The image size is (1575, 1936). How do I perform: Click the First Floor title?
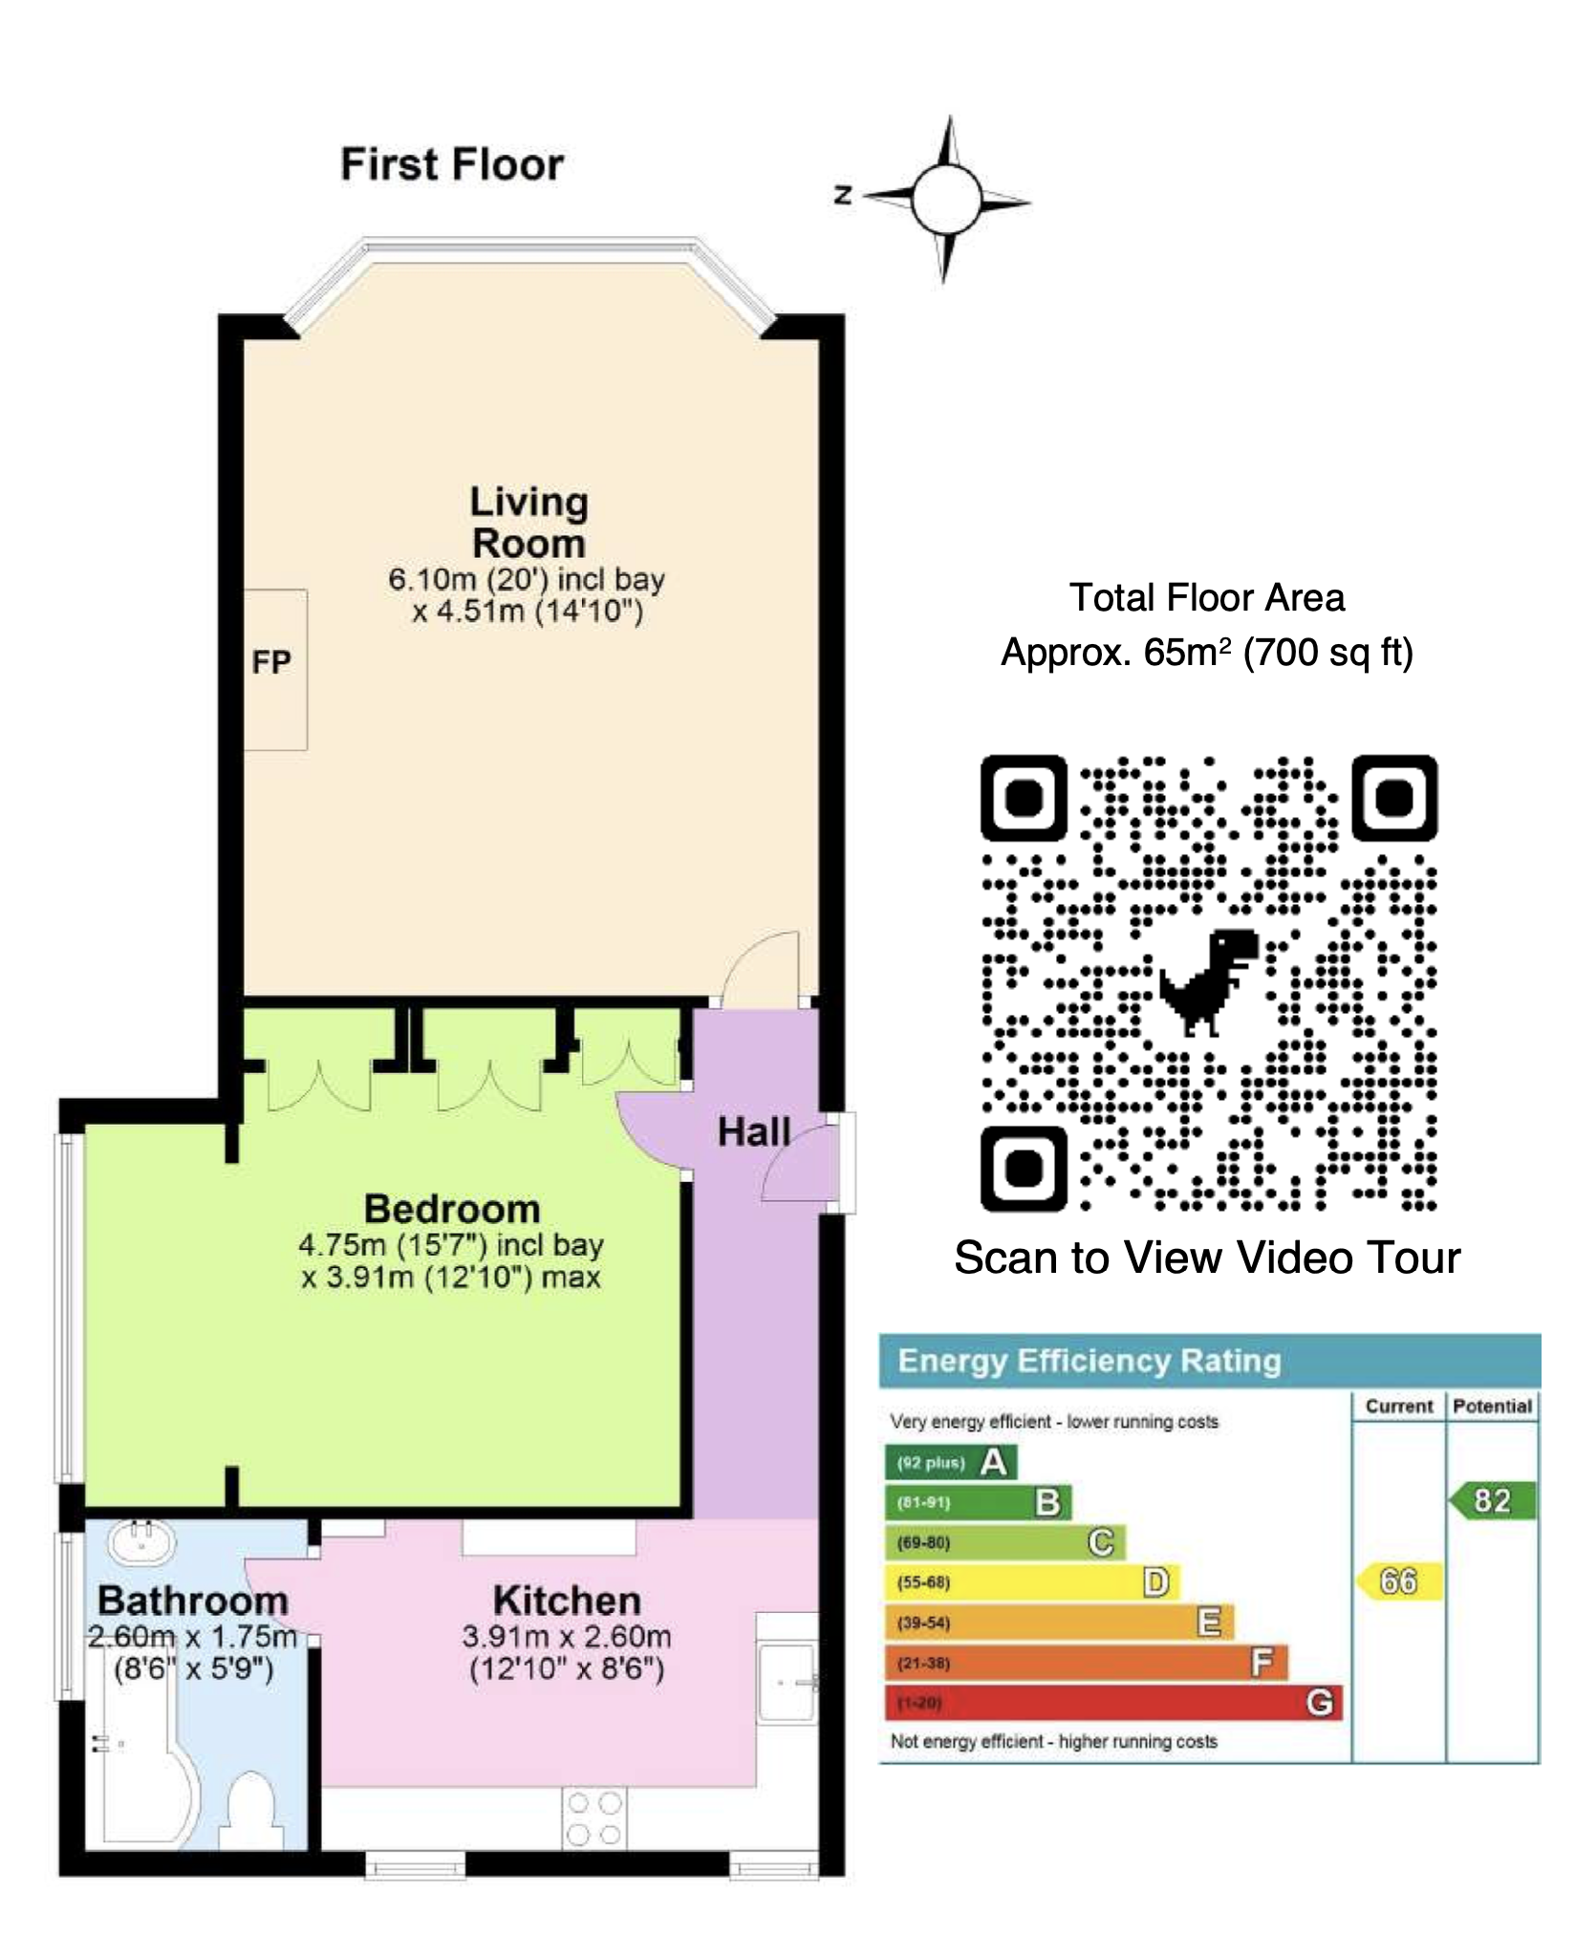452,165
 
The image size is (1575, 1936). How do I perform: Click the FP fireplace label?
271,662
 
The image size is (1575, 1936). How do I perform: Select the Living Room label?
529,523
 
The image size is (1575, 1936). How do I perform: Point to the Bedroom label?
452,1209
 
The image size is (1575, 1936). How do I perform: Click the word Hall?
754,1132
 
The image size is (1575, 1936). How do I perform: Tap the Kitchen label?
567,1601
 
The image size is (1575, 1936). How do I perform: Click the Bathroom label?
193,1601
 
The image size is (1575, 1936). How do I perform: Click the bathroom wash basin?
142,1540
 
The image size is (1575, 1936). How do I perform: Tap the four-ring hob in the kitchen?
593,1817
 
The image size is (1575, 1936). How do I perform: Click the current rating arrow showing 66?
1398,1581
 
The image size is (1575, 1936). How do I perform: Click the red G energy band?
1114,1702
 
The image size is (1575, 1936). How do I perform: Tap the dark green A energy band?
952,1462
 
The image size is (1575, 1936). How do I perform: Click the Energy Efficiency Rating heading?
1090,1361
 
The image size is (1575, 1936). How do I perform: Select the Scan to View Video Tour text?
1207,1258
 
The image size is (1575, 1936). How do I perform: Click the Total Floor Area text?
1207,598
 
